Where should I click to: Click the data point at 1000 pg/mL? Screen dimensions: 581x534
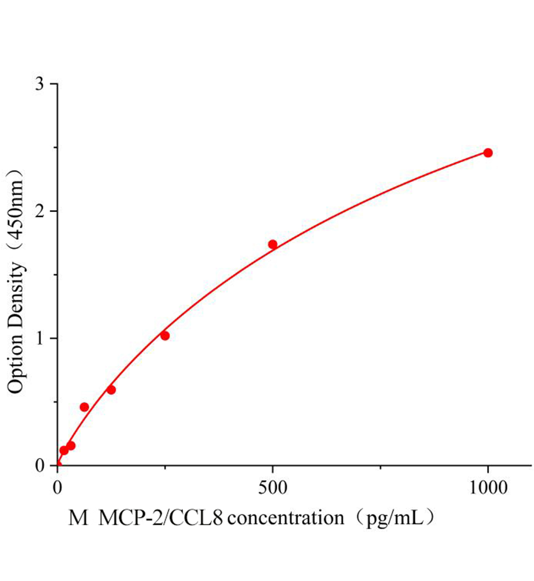[488, 153]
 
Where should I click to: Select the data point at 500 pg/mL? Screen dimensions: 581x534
[273, 245]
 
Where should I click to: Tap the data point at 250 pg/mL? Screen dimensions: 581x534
[165, 336]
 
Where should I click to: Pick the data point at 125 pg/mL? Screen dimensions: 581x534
[111, 390]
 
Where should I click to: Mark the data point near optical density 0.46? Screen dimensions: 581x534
[84, 407]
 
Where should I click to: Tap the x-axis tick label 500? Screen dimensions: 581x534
[273, 488]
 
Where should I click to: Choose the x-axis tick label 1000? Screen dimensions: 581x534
[488, 488]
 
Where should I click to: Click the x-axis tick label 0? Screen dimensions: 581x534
[58, 488]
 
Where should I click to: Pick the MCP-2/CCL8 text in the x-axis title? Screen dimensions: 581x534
[161, 519]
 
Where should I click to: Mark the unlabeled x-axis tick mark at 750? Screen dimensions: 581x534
[381, 468]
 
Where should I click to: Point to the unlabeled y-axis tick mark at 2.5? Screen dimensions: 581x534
[55, 148]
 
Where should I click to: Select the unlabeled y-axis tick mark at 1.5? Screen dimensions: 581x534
[55, 275]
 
